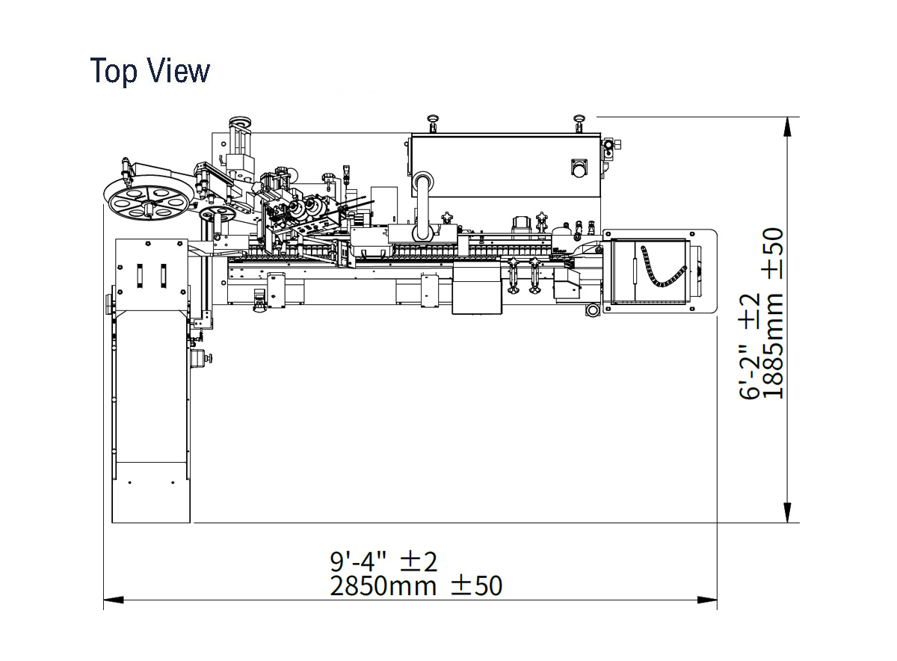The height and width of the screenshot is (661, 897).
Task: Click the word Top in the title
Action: point(114,71)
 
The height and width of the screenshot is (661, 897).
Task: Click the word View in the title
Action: point(179,70)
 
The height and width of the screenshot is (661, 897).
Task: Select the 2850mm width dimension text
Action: point(383,586)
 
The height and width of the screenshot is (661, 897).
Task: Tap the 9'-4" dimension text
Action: point(358,562)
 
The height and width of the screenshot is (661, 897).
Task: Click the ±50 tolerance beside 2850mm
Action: point(477,586)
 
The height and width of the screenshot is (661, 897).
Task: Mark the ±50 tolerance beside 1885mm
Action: point(772,253)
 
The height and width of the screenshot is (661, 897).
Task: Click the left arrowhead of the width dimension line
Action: point(114,600)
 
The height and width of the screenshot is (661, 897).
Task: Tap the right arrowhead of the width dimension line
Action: point(707,600)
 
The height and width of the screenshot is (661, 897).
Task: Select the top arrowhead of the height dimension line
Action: point(788,127)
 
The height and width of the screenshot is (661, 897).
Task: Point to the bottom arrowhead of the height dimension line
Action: point(788,513)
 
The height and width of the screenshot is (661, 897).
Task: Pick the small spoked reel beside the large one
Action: point(217,215)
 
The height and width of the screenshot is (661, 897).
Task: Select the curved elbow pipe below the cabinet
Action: point(423,204)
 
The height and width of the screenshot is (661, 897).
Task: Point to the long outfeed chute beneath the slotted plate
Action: point(151,416)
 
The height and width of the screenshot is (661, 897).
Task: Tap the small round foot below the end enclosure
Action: point(592,310)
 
